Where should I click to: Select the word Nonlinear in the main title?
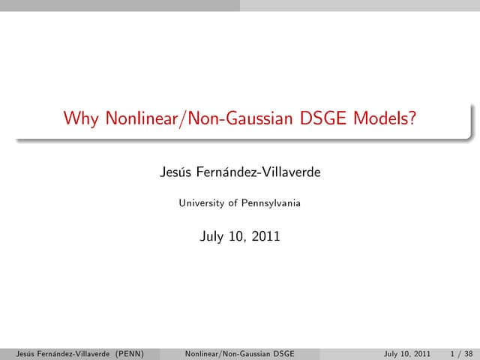(x=130, y=118)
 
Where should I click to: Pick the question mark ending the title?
(x=412, y=118)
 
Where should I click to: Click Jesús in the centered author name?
(x=175, y=173)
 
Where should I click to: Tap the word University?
(x=202, y=202)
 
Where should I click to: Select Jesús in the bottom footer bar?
(x=15, y=353)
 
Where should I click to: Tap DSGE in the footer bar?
(x=282, y=353)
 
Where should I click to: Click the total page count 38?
(x=469, y=353)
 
